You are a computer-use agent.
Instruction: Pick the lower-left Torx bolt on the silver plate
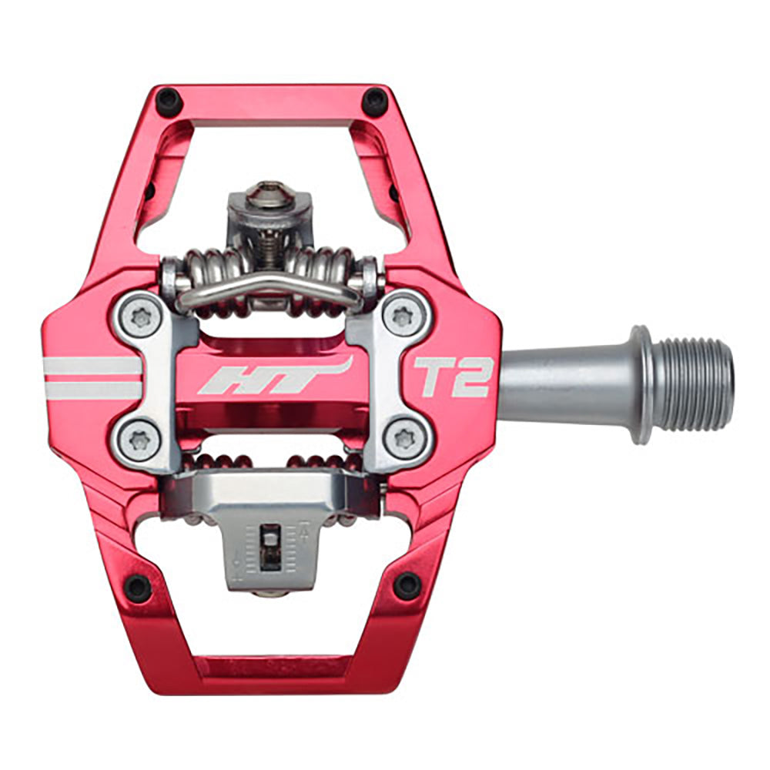click(x=140, y=440)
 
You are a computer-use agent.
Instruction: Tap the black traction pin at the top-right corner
click(x=375, y=100)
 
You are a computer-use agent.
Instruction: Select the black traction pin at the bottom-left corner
click(x=138, y=588)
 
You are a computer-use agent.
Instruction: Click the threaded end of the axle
click(x=698, y=385)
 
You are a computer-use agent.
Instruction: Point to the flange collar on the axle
click(x=640, y=385)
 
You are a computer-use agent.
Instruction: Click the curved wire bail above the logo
click(x=269, y=286)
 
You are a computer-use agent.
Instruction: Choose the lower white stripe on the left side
click(x=92, y=390)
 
